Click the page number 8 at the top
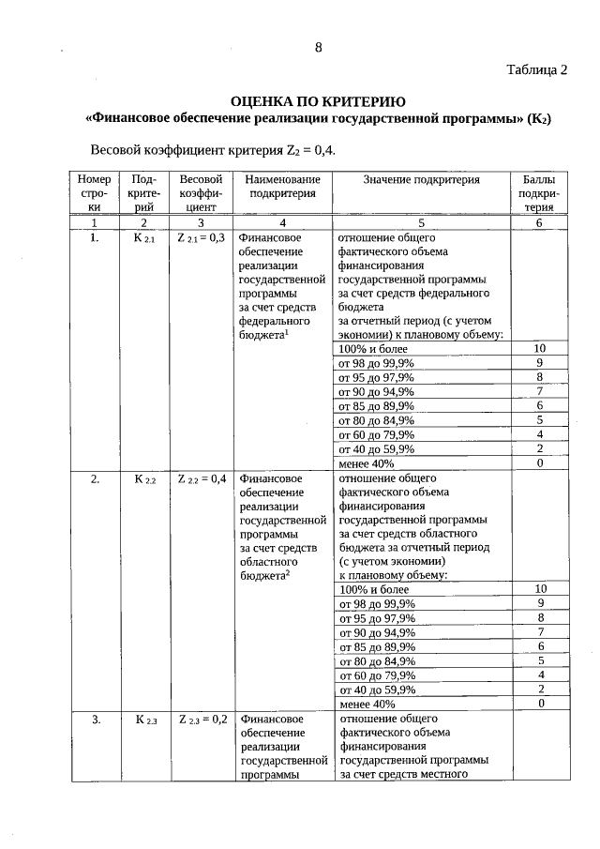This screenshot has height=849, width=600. click(319, 50)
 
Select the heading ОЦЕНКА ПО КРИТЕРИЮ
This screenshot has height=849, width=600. click(318, 101)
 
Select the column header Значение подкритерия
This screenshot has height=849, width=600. click(421, 179)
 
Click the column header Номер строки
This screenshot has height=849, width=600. click(94, 194)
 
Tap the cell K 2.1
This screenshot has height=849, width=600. click(143, 239)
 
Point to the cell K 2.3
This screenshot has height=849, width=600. click(143, 720)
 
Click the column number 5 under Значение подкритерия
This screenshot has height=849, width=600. click(421, 223)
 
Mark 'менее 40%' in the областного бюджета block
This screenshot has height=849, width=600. click(367, 704)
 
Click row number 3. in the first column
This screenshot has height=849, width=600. click(96, 720)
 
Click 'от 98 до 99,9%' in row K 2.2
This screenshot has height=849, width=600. click(377, 604)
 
